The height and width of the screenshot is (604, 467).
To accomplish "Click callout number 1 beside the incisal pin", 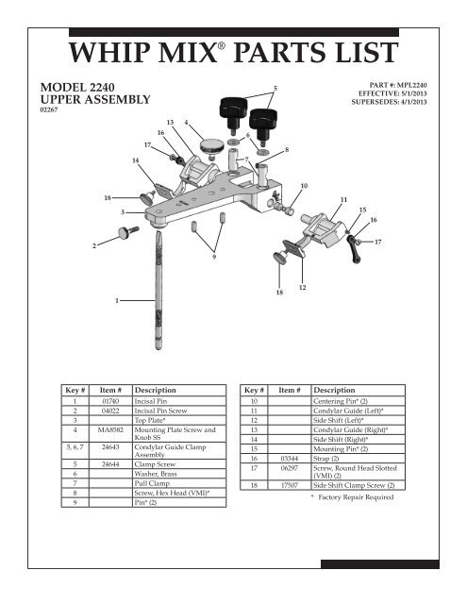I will [116, 300].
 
